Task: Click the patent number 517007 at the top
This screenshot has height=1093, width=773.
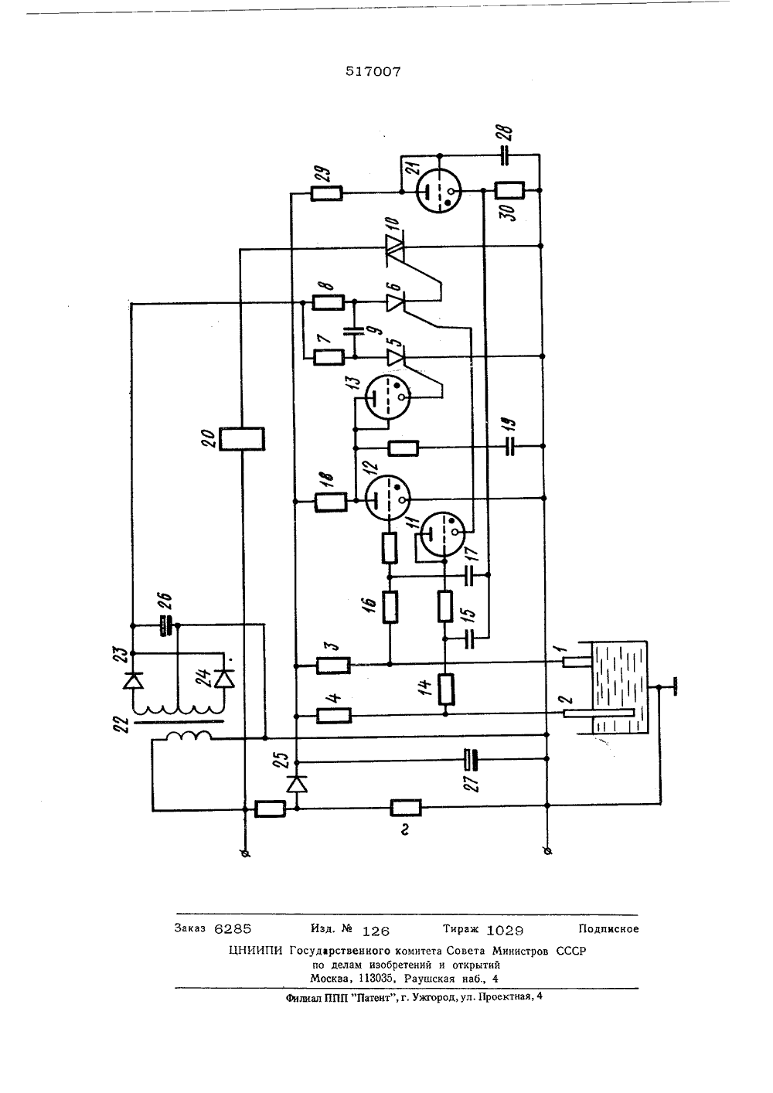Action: (x=373, y=72)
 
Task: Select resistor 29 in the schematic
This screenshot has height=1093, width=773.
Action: (x=326, y=194)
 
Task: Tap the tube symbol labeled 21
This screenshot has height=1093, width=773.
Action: (x=439, y=191)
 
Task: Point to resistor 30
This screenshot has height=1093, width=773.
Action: (x=510, y=190)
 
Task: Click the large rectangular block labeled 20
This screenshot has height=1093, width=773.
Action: (x=242, y=438)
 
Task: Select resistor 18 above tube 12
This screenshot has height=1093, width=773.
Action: (x=332, y=502)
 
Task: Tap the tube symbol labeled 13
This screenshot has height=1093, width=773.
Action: (x=387, y=397)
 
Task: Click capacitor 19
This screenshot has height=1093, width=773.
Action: (x=510, y=446)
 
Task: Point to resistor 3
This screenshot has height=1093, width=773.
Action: (x=334, y=666)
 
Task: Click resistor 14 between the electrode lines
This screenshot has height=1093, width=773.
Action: (x=444, y=690)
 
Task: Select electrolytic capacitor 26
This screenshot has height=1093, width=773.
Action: (x=167, y=625)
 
